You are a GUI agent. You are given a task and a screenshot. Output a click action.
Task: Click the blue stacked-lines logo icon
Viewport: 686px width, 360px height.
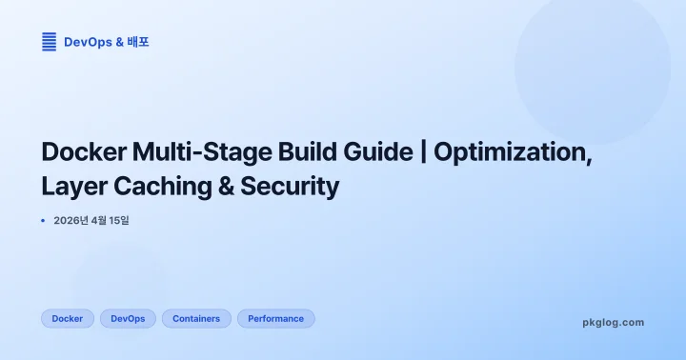(49, 42)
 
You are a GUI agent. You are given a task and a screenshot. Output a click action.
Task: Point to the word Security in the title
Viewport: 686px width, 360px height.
(292, 187)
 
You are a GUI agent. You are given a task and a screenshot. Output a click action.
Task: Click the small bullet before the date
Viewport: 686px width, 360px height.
(43, 221)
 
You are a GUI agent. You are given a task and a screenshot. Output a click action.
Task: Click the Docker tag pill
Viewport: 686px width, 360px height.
(67, 319)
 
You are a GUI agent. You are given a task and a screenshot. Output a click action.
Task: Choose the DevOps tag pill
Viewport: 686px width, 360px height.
(128, 319)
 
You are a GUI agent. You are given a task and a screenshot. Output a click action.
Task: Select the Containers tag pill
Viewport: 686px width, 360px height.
(196, 319)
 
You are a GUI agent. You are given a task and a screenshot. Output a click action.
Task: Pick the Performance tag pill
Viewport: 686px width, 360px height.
(275, 319)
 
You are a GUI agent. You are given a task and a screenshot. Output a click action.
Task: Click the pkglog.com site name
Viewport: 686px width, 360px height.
(613, 322)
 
